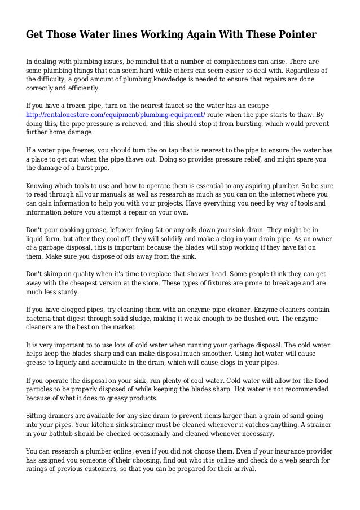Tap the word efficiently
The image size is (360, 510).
click(x=81, y=89)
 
